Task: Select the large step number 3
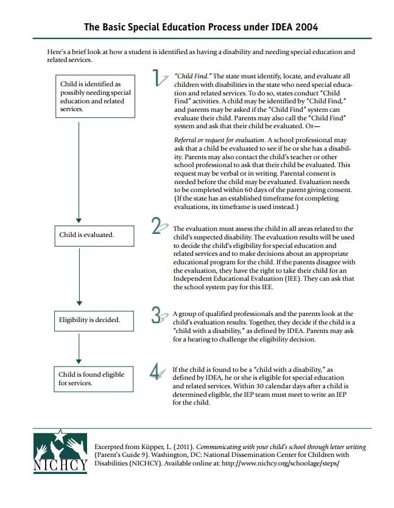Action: pyautogui.click(x=159, y=315)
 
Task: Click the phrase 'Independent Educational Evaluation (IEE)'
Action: pyautogui.click(x=233, y=279)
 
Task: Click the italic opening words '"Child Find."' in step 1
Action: pyautogui.click(x=192, y=75)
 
